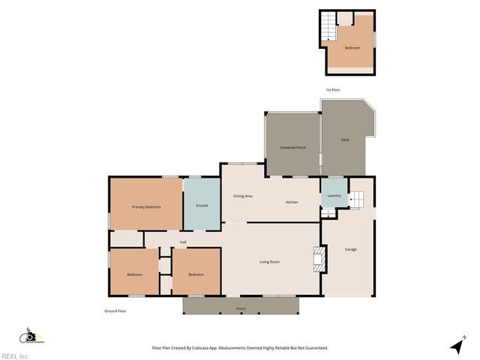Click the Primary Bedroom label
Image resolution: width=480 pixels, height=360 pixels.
146,206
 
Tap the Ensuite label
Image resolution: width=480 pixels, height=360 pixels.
202,205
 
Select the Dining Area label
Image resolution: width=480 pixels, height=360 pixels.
242,196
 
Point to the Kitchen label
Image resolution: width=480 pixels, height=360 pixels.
292,202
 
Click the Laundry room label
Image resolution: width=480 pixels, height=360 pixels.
334,196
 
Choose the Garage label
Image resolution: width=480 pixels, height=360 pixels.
350,249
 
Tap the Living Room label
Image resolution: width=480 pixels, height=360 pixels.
269,261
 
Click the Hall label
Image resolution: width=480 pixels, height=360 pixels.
183,241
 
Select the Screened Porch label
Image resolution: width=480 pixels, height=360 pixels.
292,147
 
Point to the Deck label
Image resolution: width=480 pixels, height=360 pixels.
345,139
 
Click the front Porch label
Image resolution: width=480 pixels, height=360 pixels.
241,309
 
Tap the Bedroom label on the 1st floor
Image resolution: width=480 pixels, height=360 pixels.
352,48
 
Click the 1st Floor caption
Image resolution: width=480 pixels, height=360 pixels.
332,90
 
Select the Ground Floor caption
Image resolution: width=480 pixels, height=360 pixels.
115,310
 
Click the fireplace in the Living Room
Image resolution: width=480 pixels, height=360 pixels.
318,259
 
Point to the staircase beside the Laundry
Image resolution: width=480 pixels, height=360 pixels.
356,199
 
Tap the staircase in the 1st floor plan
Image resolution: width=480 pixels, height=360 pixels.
328,30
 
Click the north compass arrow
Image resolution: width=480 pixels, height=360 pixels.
457,345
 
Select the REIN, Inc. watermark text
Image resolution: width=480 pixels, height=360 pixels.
15,355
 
